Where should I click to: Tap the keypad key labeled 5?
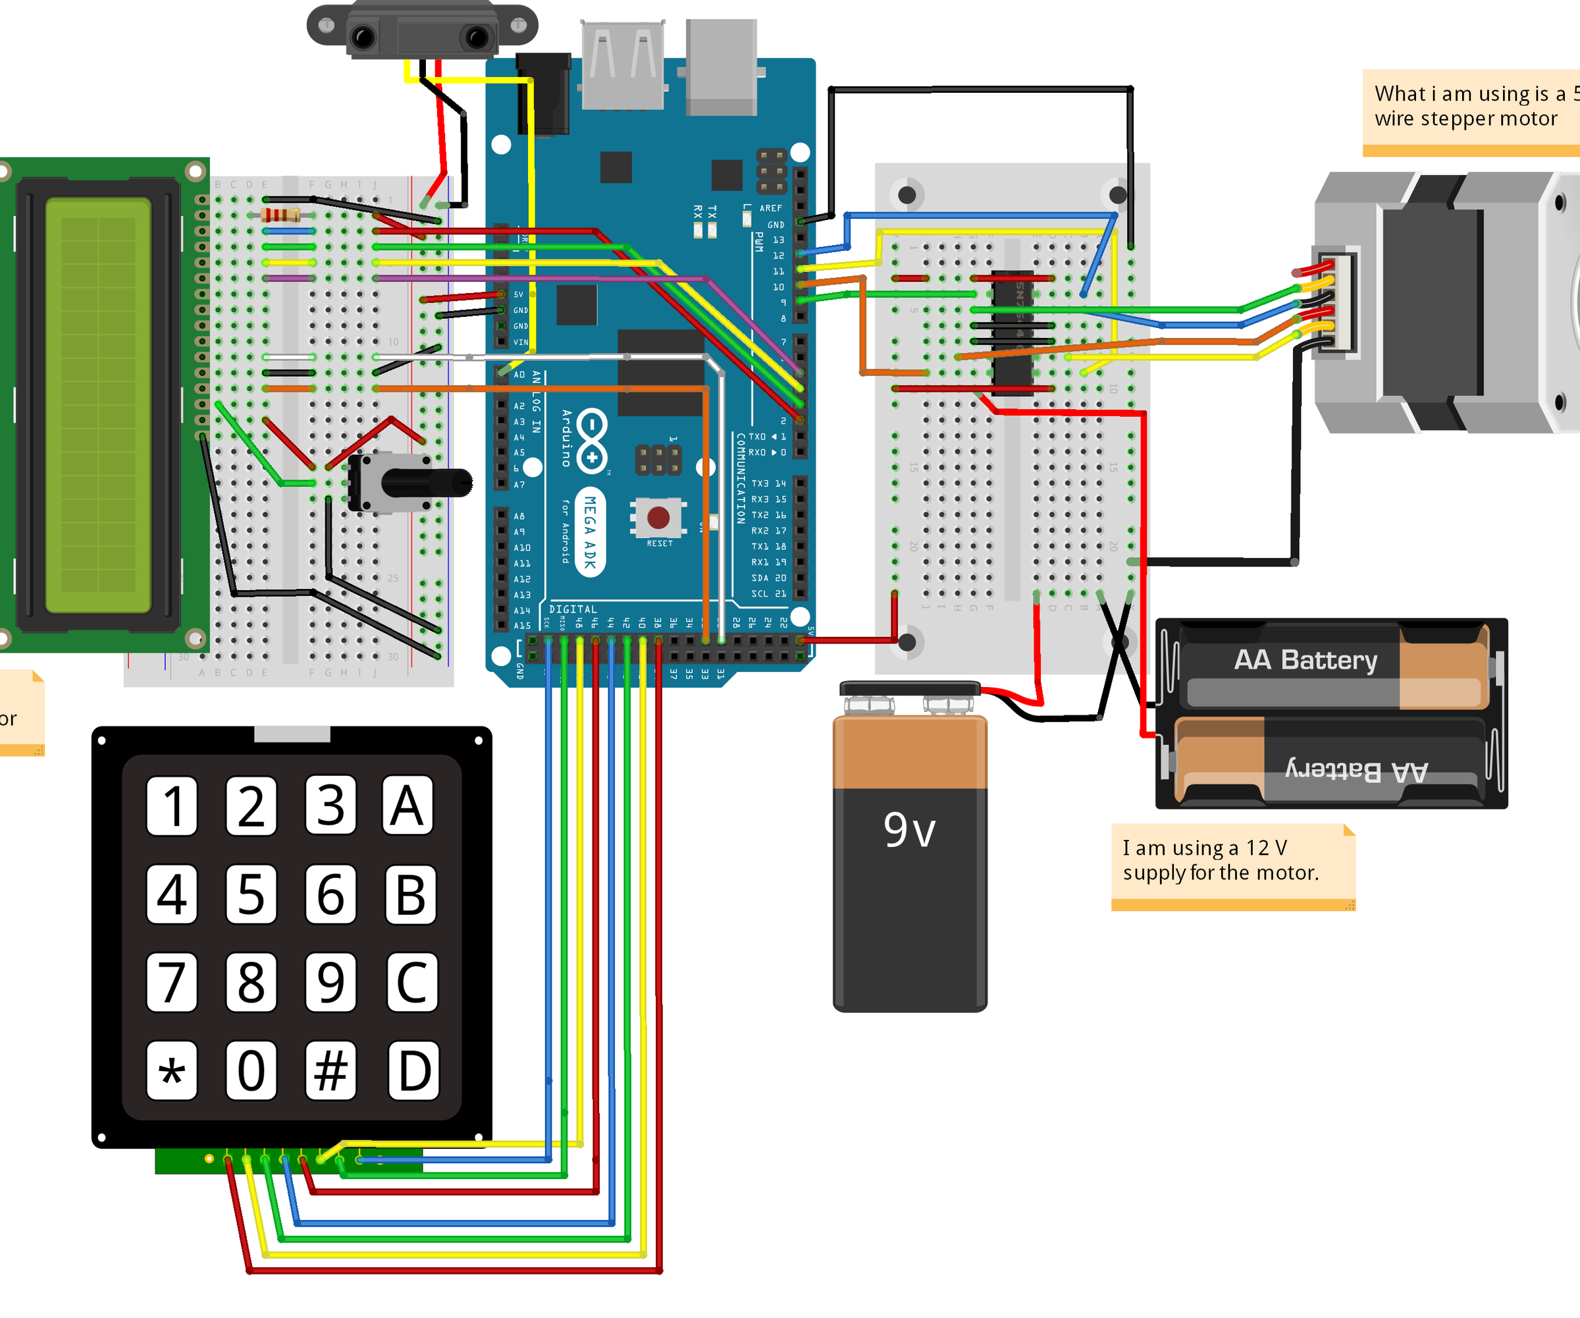pyautogui.click(x=251, y=894)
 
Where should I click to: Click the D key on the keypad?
pyautogui.click(x=413, y=1070)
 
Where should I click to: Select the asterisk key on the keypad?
pyautogui.click(x=172, y=1070)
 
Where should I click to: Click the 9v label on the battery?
pyautogui.click(x=909, y=830)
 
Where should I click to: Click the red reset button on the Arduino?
pyautogui.click(x=658, y=518)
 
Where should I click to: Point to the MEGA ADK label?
pyautogui.click(x=591, y=532)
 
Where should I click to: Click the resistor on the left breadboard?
pyautogui.click(x=280, y=215)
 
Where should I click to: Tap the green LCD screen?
pyautogui.click(x=98, y=405)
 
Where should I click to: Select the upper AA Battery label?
pyautogui.click(x=1305, y=659)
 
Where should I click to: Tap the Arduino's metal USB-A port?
pyautogui.click(x=623, y=65)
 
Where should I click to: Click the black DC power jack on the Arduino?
pyautogui.click(x=544, y=94)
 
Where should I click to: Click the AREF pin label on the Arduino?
pyautogui.click(x=770, y=207)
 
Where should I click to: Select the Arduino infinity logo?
pyautogui.click(x=592, y=441)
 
